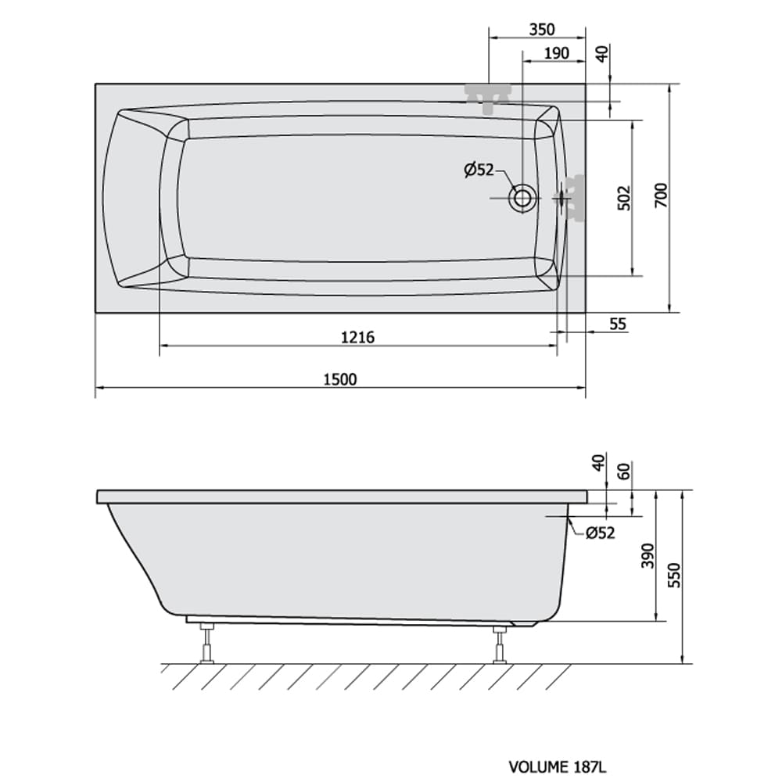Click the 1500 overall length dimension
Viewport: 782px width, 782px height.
pos(341,379)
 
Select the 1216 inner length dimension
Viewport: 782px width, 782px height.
pos(357,338)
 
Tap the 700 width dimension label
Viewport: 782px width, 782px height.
pos(661,195)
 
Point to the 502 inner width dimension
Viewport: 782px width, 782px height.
pos(624,198)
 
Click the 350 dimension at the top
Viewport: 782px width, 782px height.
pos(542,30)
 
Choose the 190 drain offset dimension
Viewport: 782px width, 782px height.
pos(556,53)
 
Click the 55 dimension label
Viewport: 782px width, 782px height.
pos(618,325)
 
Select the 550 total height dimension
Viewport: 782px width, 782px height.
pos(674,575)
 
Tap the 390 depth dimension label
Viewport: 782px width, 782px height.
pos(647,555)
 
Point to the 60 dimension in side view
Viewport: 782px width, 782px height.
pos(624,471)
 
